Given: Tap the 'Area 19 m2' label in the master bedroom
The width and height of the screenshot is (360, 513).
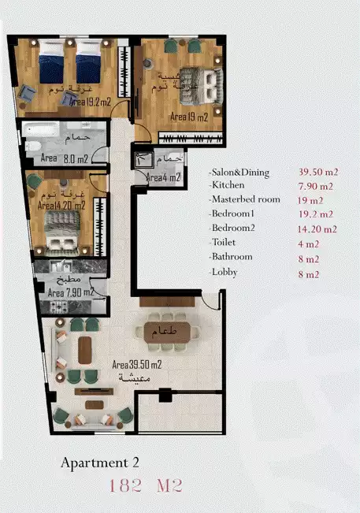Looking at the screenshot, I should (x=189, y=117).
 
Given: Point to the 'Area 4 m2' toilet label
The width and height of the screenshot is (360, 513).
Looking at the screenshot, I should (x=164, y=177).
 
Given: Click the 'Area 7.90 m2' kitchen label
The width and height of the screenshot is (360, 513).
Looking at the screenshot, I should (x=70, y=292).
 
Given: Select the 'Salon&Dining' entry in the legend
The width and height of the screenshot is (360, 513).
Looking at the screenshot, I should (x=240, y=172).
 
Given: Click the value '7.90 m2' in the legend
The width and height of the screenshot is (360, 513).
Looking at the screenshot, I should (x=316, y=186).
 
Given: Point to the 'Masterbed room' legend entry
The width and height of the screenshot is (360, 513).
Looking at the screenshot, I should (x=246, y=199).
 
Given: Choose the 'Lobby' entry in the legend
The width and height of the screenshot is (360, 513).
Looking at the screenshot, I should (x=225, y=272).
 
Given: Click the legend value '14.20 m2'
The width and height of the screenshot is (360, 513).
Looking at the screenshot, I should (x=318, y=229).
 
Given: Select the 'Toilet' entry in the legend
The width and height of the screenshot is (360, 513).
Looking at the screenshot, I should (x=224, y=243).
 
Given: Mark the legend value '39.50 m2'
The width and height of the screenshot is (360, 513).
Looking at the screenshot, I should (x=318, y=172).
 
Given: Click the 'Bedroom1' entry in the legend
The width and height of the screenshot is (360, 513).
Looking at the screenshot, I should (x=233, y=214).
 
